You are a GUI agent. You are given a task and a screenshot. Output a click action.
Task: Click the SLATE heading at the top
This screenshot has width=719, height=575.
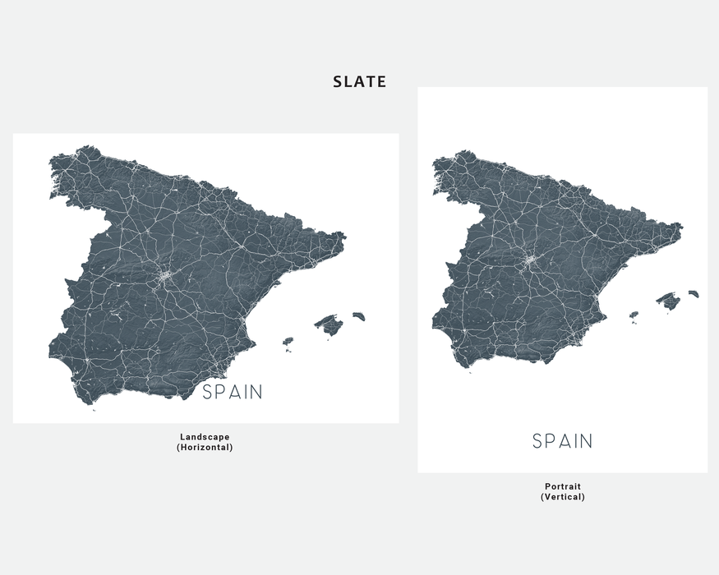point(359,82)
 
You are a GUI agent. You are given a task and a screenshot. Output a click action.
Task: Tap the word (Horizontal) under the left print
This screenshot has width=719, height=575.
point(205,448)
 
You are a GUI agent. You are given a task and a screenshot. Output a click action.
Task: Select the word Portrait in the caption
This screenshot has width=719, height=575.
point(563,486)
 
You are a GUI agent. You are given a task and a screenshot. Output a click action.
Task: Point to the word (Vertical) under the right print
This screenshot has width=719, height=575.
point(563,497)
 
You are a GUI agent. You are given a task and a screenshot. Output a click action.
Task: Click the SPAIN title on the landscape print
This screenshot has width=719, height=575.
point(233,393)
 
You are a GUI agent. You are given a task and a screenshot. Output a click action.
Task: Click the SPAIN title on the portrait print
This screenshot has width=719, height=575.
point(562,441)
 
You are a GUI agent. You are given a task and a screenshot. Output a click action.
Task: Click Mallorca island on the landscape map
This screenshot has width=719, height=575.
point(329,325)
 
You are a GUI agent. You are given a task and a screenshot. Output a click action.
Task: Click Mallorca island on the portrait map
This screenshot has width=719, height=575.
point(668,301)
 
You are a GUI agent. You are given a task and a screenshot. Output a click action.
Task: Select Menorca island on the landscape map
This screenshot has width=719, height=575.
point(358,315)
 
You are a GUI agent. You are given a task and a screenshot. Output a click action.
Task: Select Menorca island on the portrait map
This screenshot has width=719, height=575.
point(694,293)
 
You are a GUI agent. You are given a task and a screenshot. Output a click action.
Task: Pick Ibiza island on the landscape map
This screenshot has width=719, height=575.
point(288,341)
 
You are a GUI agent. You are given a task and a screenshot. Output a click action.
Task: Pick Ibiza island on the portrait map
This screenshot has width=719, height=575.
point(634,314)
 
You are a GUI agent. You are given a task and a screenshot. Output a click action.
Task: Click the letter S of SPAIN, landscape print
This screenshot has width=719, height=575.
point(209,393)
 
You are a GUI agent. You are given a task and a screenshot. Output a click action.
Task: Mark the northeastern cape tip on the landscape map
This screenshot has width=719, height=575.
point(345,237)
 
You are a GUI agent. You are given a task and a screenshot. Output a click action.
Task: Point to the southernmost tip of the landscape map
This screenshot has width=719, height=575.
point(94,409)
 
